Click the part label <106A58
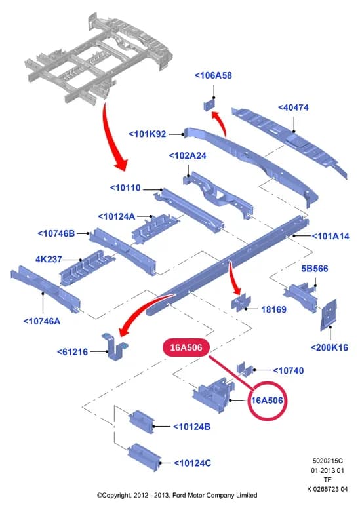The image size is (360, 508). tap(213, 75)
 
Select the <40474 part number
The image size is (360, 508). tap(293, 107)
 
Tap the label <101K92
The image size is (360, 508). tap(148, 134)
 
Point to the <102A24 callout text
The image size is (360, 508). tap(188, 156)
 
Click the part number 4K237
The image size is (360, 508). tap(49, 259)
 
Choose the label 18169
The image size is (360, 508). tap(274, 310)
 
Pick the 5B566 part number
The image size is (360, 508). tap(315, 269)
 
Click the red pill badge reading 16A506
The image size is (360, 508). tap(186, 347)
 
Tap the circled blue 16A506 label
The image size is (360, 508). tap(268, 401)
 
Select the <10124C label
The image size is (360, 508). tap(193, 463)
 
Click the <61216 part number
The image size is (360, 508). tap(72, 352)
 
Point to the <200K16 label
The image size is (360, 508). tap(330, 348)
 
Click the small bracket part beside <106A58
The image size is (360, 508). tap(209, 105)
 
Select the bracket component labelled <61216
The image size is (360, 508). tap(114, 347)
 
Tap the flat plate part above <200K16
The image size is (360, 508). tap(329, 315)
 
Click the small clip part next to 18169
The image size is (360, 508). tap(241, 303)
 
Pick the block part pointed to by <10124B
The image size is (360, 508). tap(141, 421)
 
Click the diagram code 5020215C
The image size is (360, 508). tap(328, 461)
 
